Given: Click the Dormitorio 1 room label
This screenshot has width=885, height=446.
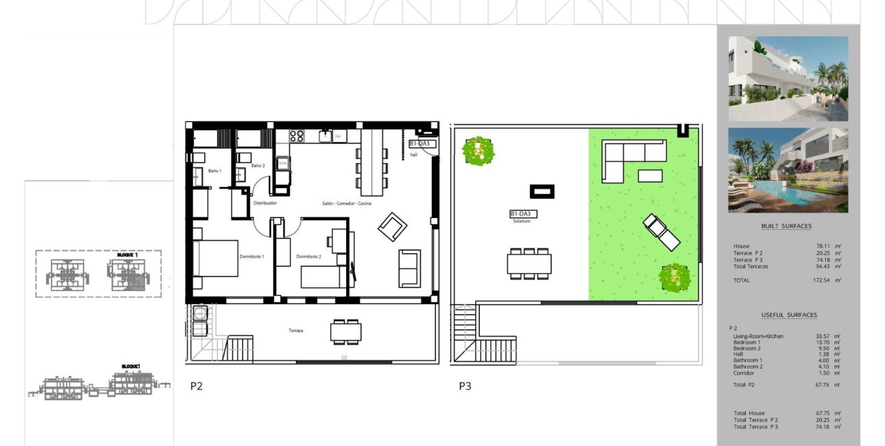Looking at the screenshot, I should coord(252,257).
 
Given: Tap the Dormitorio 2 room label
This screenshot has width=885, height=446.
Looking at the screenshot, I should coord(308,257).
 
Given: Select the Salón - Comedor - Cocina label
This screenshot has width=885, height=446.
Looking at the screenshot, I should coord(347,204).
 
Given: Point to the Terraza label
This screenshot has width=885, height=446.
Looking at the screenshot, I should coord(295,331).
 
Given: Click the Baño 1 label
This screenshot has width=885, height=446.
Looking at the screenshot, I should coord(215,170).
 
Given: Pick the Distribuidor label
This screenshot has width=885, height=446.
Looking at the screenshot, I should coord(265,204).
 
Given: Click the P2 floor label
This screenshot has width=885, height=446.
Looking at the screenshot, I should coord(196,386).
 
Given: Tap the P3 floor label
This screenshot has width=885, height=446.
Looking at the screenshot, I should coord(465,386).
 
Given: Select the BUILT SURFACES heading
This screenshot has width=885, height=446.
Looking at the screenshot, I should coord(786,226).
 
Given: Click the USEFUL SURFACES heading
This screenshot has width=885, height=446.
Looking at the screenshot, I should coord(788,315).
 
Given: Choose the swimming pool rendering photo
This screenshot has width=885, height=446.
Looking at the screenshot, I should coord(788,170).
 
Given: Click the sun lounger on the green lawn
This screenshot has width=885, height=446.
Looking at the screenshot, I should coord(662,232).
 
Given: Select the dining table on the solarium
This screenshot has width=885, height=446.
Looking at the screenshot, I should coord(529,263).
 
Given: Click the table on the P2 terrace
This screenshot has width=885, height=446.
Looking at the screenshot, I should coord(345,332).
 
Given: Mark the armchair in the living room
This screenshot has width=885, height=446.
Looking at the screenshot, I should coord(392,226).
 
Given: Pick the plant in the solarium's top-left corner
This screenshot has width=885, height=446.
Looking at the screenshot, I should coord(478,150).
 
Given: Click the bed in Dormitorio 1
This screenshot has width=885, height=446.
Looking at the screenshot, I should coord(215,258).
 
